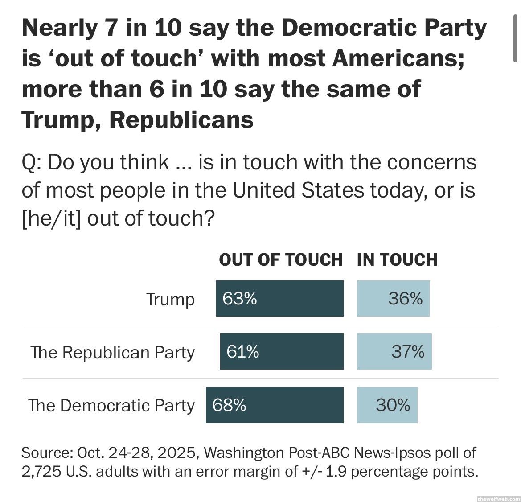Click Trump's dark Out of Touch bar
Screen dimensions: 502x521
click(279, 298)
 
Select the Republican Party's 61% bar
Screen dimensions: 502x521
click(282, 351)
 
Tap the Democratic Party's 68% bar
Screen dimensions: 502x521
click(275, 405)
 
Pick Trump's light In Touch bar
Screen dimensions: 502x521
click(393, 298)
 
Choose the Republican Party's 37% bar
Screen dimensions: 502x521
click(394, 351)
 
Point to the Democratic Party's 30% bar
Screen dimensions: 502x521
click(387, 405)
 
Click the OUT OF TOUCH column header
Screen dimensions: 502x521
click(281, 259)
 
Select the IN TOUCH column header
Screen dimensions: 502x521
click(397, 259)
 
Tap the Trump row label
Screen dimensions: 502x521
click(170, 299)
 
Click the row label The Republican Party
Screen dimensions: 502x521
click(113, 352)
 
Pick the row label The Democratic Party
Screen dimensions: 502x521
click(111, 406)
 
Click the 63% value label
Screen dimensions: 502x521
click(240, 298)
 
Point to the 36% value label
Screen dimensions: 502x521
click(405, 298)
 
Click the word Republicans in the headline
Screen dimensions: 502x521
click(181, 119)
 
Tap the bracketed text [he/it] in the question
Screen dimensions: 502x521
click(51, 218)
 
